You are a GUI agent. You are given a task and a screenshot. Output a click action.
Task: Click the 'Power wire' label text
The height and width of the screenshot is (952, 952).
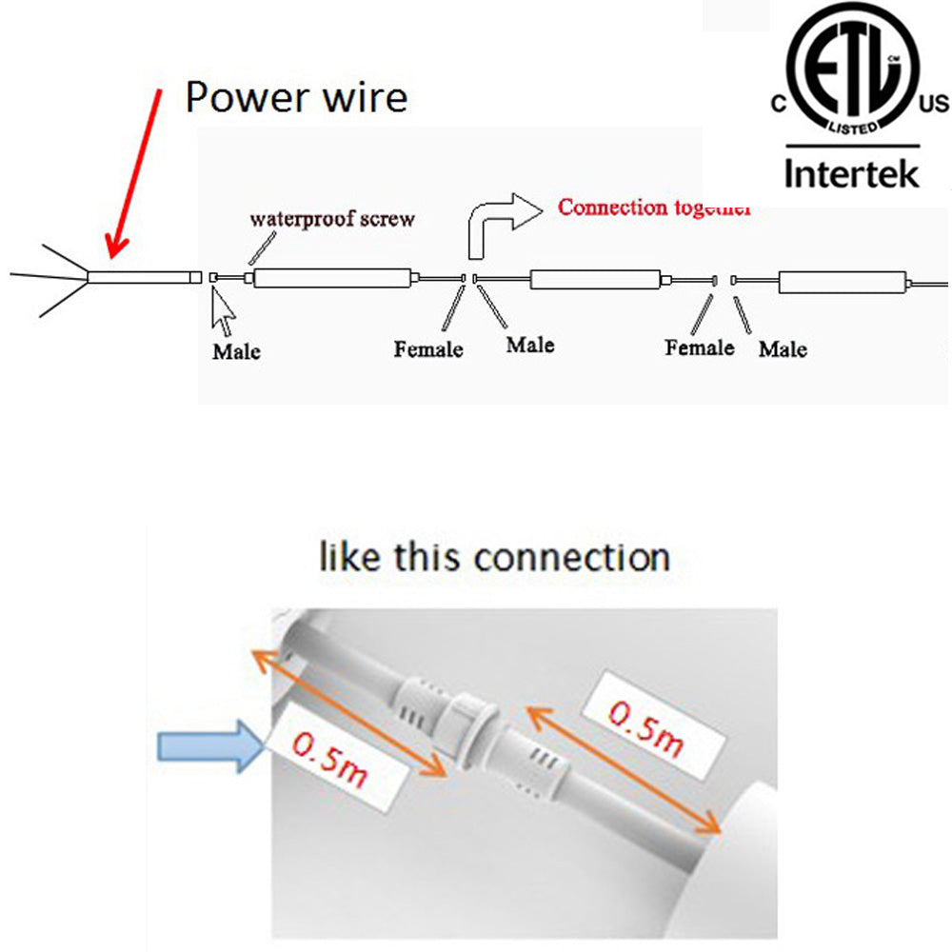click(x=296, y=97)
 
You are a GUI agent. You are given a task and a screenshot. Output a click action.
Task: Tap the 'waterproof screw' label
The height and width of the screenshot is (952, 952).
click(x=332, y=219)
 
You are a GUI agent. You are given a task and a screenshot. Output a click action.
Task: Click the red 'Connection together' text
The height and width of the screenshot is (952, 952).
click(x=655, y=207)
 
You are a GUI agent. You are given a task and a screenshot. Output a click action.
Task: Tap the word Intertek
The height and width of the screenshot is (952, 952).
click(x=851, y=172)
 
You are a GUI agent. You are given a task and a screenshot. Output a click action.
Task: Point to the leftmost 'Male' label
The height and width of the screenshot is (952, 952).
click(x=235, y=351)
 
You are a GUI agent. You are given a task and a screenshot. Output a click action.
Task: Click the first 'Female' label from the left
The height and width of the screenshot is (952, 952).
click(x=428, y=349)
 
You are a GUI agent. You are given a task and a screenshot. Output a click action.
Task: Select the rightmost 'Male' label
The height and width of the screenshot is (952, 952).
click(x=783, y=349)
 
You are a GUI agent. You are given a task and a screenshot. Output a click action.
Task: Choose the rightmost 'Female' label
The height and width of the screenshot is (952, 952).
click(x=700, y=347)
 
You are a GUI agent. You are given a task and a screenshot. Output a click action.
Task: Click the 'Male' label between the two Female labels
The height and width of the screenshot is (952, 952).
click(x=530, y=344)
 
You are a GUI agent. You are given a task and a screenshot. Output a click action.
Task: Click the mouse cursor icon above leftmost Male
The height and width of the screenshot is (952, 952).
click(x=223, y=312)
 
